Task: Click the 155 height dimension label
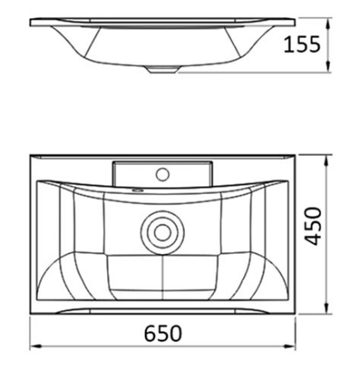[302, 45]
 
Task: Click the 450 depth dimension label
[314, 227]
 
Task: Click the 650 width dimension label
[163, 333]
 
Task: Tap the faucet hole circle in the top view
[162, 174]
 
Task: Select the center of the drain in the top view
[162, 232]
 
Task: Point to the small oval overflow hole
[138, 190]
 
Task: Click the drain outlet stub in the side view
[162, 70]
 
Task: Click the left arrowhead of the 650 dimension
[35, 347]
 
